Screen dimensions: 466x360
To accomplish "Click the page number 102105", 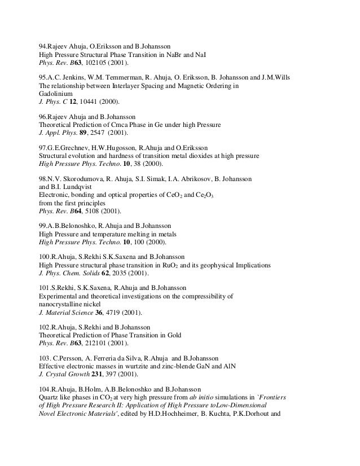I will (x=87, y=64).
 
